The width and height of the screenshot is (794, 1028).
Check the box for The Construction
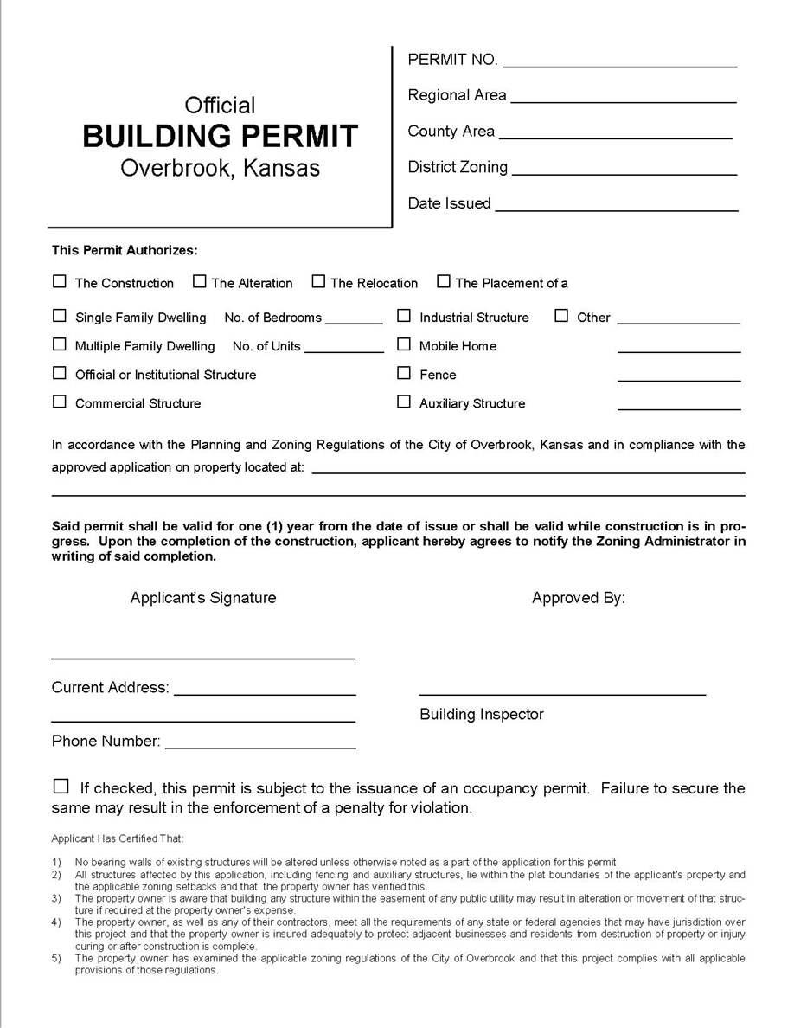pos(60,281)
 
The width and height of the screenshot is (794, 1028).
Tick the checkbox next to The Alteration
pos(200,281)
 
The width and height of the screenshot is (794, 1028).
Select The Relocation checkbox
pos(318,281)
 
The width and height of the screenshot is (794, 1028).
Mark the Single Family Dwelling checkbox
pos(60,316)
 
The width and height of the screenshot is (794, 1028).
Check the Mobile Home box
pos(404,344)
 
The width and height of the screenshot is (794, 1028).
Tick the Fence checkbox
pos(404,373)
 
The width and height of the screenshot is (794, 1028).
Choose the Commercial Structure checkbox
pos(60,402)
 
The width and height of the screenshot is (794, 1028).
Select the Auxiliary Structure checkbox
pos(404,402)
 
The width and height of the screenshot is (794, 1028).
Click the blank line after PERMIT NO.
pos(619,65)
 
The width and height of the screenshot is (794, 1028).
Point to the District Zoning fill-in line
pos(624,173)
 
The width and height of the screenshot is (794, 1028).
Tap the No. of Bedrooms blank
pos(354,322)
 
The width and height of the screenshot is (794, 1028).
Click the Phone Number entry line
pos(260,747)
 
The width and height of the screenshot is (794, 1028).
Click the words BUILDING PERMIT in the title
pos(220,136)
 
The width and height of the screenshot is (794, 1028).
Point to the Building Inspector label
pos(482,715)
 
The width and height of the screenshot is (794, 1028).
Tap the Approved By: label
pos(578,598)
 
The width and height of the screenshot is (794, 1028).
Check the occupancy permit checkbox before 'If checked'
pos(61,787)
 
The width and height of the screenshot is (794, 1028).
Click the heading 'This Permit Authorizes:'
pos(125,251)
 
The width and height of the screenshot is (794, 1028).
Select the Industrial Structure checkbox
pos(404,316)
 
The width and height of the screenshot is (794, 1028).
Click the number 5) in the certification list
pos(56,959)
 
